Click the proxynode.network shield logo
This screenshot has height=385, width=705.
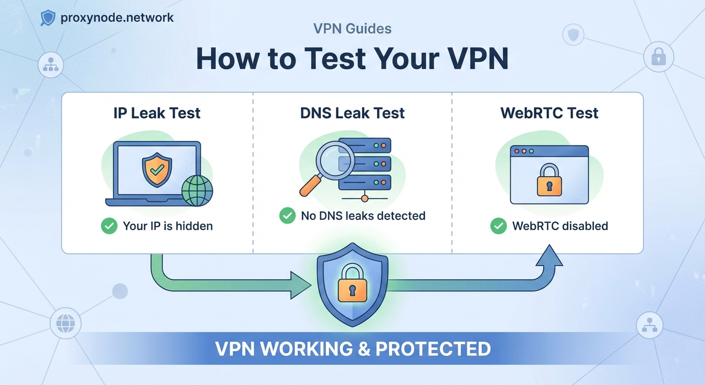click(x=48, y=19)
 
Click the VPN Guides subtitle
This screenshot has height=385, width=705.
click(x=352, y=29)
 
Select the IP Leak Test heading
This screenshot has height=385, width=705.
click(x=157, y=113)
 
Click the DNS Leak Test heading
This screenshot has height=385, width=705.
click(x=352, y=113)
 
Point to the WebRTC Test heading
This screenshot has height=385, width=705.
click(x=549, y=113)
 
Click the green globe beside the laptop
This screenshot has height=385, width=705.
click(x=197, y=191)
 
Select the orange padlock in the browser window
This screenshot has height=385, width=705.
click(x=549, y=179)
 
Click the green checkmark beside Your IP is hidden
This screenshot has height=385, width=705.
click(x=109, y=226)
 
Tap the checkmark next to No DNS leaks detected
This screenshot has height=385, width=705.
click(x=287, y=216)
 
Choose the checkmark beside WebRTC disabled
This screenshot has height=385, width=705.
click(x=498, y=226)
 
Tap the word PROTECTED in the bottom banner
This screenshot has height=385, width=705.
click(x=433, y=349)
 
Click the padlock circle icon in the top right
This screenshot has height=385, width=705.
click(x=658, y=58)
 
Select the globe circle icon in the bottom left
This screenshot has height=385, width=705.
click(x=66, y=323)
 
